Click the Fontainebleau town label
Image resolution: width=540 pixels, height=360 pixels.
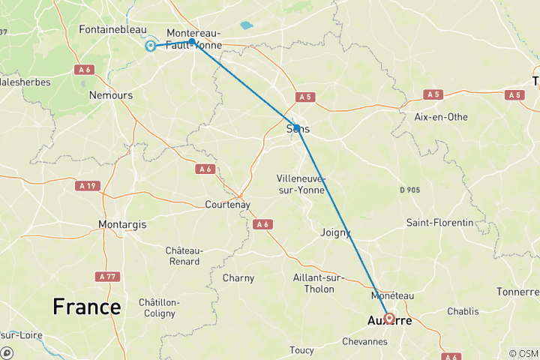coord(112,29)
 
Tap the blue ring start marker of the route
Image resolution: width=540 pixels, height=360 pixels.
coord(151,46)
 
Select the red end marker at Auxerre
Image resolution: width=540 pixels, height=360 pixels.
coord(389,318)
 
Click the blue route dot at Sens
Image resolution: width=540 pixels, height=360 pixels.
coord(296,127)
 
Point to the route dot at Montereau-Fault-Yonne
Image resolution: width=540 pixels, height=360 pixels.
coord(192,42)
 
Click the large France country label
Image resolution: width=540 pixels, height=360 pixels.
coord(86,307)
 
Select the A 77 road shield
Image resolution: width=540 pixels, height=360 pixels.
coord(108,277)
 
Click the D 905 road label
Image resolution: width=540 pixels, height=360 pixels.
coord(409,190)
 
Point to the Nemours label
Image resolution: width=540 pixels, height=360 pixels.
coord(110,95)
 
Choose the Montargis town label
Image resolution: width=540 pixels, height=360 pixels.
coord(122,224)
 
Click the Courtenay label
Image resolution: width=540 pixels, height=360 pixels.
coord(227,205)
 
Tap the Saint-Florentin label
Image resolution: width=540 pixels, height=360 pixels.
coord(439,223)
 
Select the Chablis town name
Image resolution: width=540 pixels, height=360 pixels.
coord(462,311)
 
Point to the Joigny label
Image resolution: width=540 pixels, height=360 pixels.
coord(335,232)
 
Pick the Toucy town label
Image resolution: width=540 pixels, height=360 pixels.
coord(302,350)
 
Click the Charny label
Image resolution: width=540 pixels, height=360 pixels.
coord(238,278)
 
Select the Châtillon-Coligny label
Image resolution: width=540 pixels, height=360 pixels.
coord(158,307)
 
